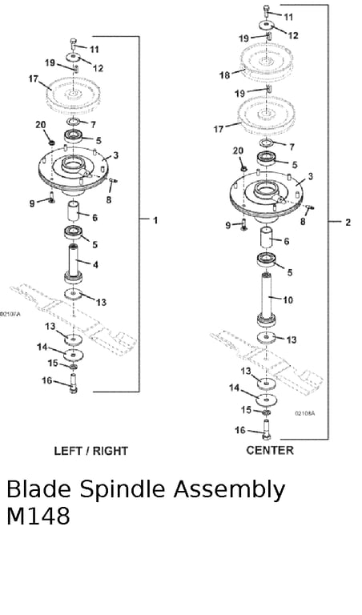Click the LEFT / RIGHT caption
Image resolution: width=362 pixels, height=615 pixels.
91,451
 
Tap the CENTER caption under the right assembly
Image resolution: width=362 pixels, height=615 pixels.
270,450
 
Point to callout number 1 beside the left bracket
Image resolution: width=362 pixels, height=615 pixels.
155,220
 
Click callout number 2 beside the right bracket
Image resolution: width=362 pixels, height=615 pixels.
348,223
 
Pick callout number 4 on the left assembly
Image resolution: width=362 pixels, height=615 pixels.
95,265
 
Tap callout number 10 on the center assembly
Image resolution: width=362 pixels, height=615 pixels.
288,300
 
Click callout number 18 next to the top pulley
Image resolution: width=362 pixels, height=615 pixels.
225,74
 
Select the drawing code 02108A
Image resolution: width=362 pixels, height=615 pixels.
305,413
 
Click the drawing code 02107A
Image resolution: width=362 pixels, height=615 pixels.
10,314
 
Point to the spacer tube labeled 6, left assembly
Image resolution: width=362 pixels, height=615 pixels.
74,211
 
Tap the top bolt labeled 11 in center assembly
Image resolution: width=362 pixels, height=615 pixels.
267,10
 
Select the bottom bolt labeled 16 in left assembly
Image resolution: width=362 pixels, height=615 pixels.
73,384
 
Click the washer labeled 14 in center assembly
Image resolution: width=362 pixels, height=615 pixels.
267,400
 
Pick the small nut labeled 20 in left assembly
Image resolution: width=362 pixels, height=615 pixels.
51,141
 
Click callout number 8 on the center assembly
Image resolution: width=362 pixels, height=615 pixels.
303,222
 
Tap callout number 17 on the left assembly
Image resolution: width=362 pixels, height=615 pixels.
34,79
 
